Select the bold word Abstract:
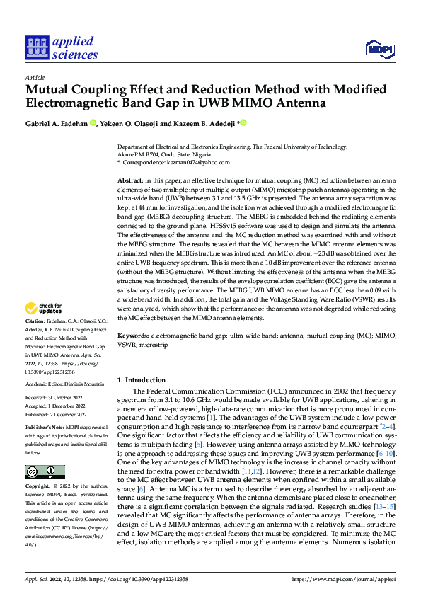pyautogui.click(x=130, y=182)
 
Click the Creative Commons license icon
pyautogui.click(x=45, y=471)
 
